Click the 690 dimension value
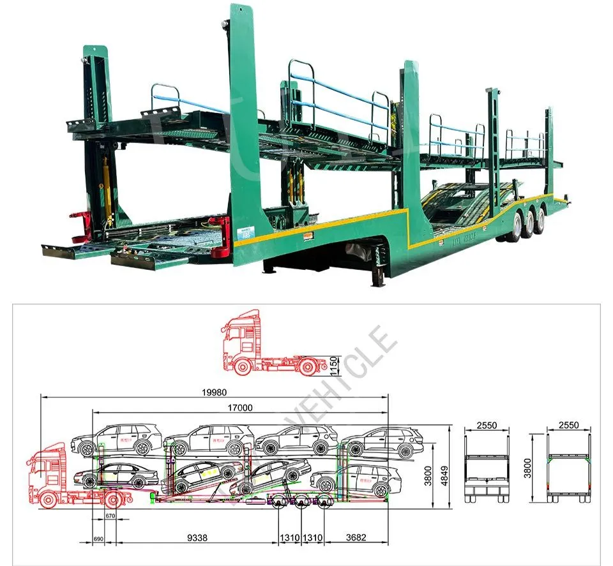[98, 540]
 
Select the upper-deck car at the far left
[116, 439]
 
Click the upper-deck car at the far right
[382, 442]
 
